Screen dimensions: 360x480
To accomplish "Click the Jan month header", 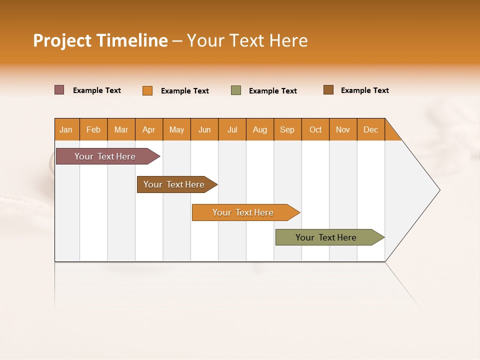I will (66, 129).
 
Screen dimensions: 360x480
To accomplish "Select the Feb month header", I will (93, 129).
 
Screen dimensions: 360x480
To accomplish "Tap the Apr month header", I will (149, 129).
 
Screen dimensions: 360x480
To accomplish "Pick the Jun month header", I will (204, 129).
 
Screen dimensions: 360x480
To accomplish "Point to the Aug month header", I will (260, 129).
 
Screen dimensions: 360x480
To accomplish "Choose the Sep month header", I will (287, 129).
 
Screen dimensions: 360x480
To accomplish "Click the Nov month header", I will (343, 129).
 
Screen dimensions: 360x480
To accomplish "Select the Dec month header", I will (371, 129).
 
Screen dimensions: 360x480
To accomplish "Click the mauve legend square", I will (59, 90).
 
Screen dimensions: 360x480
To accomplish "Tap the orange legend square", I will (147, 90).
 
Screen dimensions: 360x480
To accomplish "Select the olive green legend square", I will (236, 90).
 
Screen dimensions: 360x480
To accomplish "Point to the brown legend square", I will (328, 90).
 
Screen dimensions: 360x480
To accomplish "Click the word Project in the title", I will (62, 40).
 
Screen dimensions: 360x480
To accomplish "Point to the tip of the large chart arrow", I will (438, 190).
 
